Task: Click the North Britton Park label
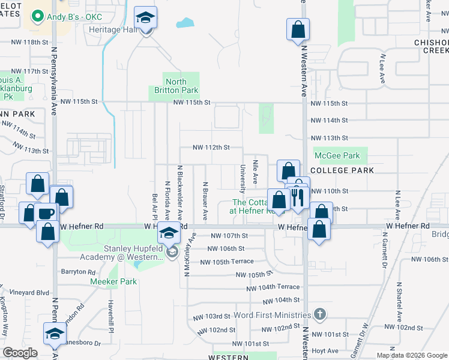click(x=173, y=86)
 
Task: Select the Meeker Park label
click(x=109, y=281)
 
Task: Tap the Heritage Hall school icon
click(x=145, y=19)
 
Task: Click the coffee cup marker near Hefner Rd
click(x=46, y=214)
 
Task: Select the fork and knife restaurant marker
click(x=297, y=197)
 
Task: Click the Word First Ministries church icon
click(x=321, y=314)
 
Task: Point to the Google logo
click(x=20, y=353)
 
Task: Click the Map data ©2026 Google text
click(x=411, y=355)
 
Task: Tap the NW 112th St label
click(x=210, y=147)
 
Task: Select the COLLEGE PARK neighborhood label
click(x=342, y=170)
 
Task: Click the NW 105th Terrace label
click(x=227, y=262)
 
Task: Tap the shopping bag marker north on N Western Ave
click(x=298, y=29)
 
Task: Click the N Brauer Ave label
click(x=205, y=202)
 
